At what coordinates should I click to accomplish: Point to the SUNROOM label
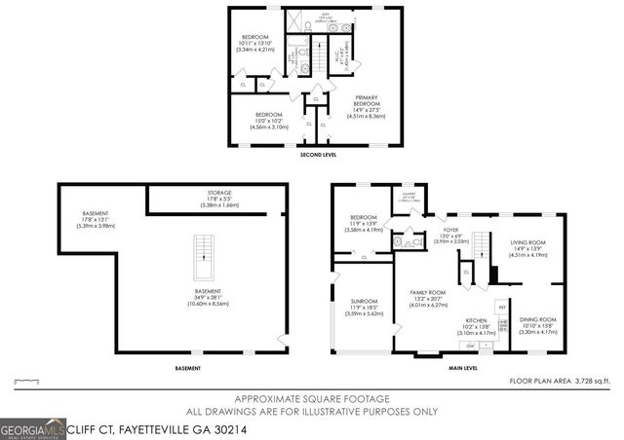point(364,302)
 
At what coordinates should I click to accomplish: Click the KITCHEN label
point(476,319)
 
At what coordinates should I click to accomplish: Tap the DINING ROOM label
point(536,319)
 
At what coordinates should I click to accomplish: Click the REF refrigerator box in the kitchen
point(502,307)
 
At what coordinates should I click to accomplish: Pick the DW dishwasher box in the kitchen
point(471,346)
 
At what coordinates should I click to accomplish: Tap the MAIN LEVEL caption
point(462,368)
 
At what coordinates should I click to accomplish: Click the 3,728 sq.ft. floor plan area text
point(584,381)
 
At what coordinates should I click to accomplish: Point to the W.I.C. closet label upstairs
point(340,55)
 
